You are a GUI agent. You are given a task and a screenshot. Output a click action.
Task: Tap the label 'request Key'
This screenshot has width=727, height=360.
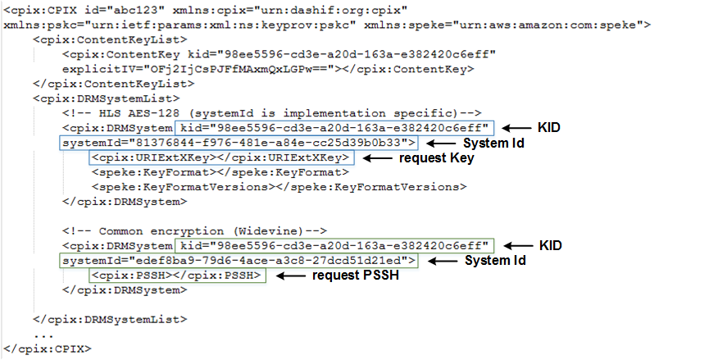pyautogui.click(x=436, y=157)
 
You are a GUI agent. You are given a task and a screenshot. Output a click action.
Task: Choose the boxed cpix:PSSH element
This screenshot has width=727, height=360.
pyautogui.click(x=179, y=276)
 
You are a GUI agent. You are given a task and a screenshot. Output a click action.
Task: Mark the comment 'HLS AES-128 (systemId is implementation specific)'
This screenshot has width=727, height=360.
pyautogui.click(x=270, y=112)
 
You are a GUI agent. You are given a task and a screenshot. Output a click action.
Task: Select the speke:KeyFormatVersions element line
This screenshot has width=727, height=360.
pyautogui.click(x=279, y=187)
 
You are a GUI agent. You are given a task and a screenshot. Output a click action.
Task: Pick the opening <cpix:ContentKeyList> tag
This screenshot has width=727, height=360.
pyautogui.click(x=110, y=39)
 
